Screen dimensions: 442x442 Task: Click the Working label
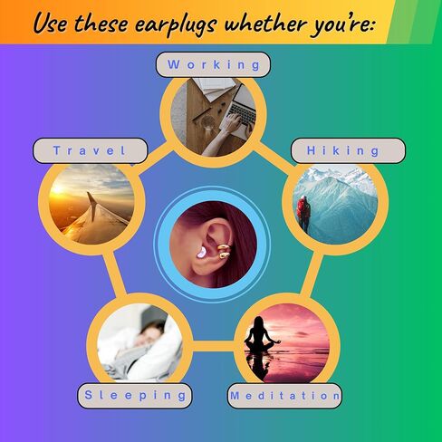click(213, 64)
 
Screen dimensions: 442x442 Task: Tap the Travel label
click(90, 150)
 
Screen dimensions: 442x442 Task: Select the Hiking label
click(348, 150)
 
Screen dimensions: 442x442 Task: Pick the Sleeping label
click(135, 396)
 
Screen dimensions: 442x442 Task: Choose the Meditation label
click(284, 396)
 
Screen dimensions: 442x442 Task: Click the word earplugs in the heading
click(176, 24)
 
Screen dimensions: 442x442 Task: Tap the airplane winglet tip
click(89, 193)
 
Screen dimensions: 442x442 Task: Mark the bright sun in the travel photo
click(57, 189)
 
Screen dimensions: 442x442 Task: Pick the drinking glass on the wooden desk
click(207, 123)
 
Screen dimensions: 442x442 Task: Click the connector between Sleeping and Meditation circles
click(213, 346)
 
